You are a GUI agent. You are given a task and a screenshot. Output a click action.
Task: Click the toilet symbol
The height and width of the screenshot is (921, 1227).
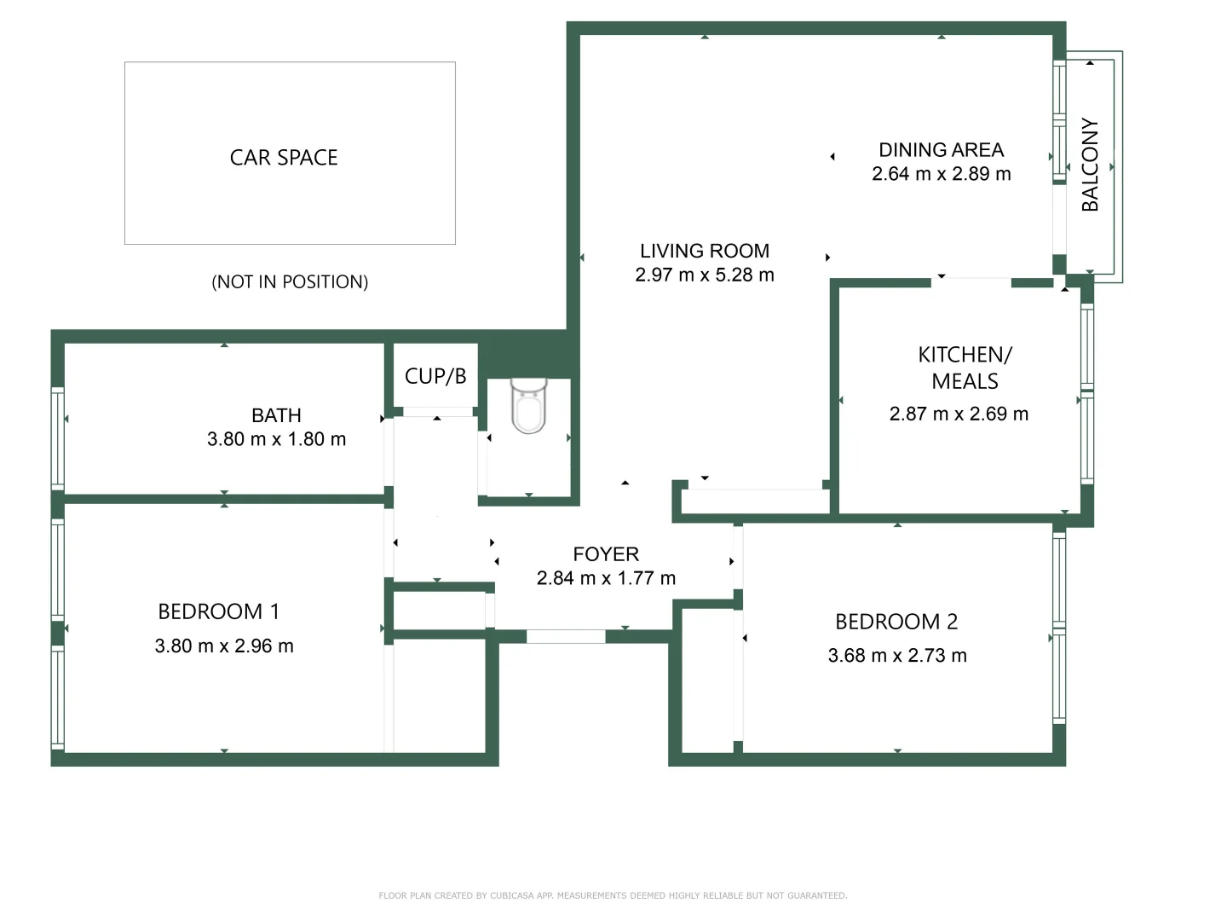click(528, 407)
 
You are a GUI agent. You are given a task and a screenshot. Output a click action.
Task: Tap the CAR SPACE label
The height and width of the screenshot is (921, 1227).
click(284, 158)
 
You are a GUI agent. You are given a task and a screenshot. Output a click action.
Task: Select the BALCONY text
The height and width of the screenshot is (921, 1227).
click(1090, 165)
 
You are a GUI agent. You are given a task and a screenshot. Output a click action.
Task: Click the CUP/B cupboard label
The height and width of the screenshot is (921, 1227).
click(435, 376)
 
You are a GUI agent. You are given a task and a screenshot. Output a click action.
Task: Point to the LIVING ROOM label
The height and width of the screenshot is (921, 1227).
click(704, 251)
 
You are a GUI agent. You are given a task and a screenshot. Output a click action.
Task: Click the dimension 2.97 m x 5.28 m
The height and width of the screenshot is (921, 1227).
click(704, 275)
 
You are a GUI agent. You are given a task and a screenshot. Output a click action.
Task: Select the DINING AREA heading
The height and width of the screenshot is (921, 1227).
click(941, 150)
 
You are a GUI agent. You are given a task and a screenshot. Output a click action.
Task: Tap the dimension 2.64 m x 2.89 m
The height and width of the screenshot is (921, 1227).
click(941, 174)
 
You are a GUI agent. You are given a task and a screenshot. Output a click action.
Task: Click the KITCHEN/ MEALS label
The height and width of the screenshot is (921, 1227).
click(965, 368)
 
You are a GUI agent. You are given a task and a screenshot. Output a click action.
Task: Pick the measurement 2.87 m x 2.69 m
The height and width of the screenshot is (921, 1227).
click(959, 414)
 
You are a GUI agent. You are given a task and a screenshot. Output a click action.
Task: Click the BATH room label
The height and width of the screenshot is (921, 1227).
click(276, 415)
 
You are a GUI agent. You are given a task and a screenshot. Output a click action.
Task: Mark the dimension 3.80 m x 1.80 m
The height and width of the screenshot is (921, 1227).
click(276, 439)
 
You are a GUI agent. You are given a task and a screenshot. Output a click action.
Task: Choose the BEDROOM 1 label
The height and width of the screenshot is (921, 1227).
click(218, 611)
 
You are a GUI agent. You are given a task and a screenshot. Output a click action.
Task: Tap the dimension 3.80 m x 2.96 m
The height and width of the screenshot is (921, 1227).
click(224, 646)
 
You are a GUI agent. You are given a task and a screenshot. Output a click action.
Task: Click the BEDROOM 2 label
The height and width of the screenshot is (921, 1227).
click(896, 622)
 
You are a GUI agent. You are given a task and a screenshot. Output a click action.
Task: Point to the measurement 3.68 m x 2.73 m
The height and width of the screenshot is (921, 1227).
click(897, 656)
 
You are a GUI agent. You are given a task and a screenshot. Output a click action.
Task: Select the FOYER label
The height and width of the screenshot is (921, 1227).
click(606, 554)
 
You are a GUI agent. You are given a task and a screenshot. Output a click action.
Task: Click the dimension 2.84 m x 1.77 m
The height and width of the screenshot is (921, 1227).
click(606, 578)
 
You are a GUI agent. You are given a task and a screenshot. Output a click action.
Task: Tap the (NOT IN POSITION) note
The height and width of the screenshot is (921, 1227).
click(290, 282)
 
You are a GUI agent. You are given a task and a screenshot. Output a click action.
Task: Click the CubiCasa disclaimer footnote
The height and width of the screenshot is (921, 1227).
click(613, 895)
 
